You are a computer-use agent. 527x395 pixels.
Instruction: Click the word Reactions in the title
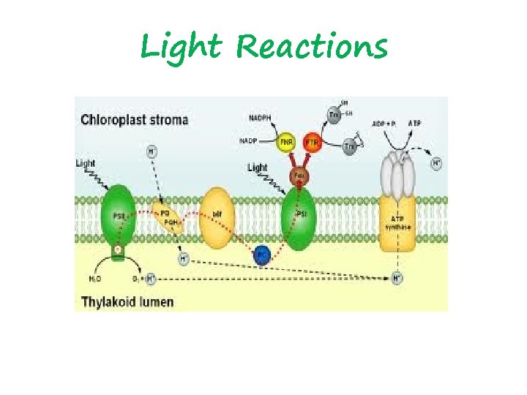tap(313, 47)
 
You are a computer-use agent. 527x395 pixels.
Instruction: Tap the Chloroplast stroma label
tap(134, 119)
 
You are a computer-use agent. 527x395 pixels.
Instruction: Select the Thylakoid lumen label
tap(127, 301)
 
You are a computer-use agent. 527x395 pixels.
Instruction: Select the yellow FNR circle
tap(285, 142)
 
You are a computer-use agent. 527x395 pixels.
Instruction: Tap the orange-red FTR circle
tap(312, 142)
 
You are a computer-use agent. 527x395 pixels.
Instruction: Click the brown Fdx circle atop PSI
tap(299, 176)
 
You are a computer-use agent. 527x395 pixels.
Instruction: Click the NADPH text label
tap(260, 117)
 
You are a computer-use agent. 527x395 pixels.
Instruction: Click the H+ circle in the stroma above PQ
tap(152, 152)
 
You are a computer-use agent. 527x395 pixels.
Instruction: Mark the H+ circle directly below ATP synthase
tap(397, 278)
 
